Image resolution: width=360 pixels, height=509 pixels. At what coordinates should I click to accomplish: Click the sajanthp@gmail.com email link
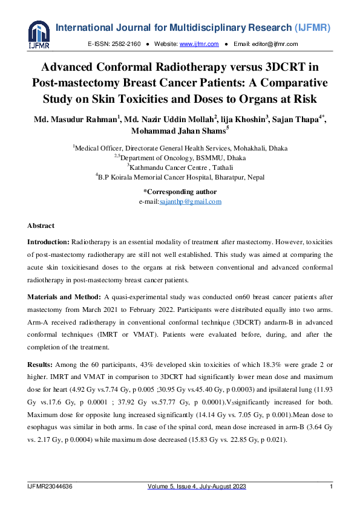pyautogui.click(x=190, y=202)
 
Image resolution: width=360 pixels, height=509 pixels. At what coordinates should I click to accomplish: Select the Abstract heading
pyautogui.click(x=41, y=225)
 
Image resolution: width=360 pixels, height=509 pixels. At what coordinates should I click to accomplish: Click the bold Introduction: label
pyautogui.click(x=50, y=242)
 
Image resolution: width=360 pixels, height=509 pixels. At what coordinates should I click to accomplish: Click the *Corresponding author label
pyautogui.click(x=180, y=192)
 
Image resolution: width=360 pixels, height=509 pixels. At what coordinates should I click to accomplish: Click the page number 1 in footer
pyautogui.click(x=331, y=487)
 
